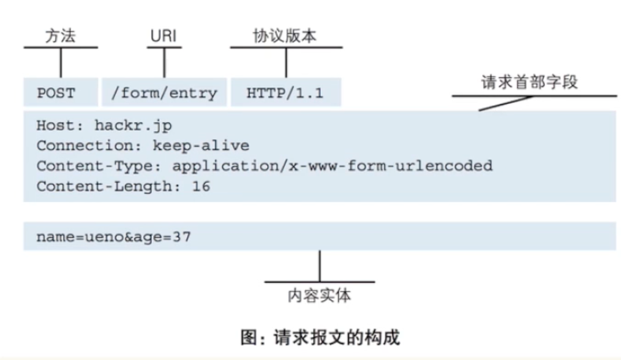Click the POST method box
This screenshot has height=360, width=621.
tap(60, 93)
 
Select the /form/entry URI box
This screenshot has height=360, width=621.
tap(164, 93)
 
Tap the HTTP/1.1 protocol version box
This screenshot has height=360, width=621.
tap(285, 93)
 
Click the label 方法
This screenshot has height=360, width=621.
tap(61, 36)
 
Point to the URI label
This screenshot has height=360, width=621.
tap(164, 36)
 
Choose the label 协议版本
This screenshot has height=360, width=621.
tap(285, 36)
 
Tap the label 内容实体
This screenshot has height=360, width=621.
tap(320, 296)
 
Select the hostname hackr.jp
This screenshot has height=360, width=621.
tap(133, 126)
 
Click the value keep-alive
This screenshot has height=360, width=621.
tap(201, 146)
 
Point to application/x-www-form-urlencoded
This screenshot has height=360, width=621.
tap(332, 165)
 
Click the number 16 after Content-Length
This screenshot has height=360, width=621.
tap(201, 186)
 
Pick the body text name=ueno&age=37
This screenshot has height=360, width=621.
tap(114, 236)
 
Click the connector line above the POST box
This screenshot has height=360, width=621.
tap(61, 62)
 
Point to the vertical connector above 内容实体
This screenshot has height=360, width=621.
tap(320, 266)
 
